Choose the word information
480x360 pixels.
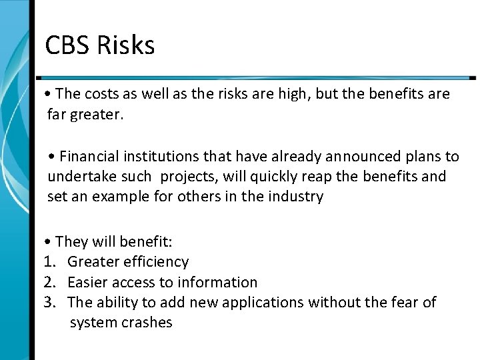[x=217, y=282]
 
